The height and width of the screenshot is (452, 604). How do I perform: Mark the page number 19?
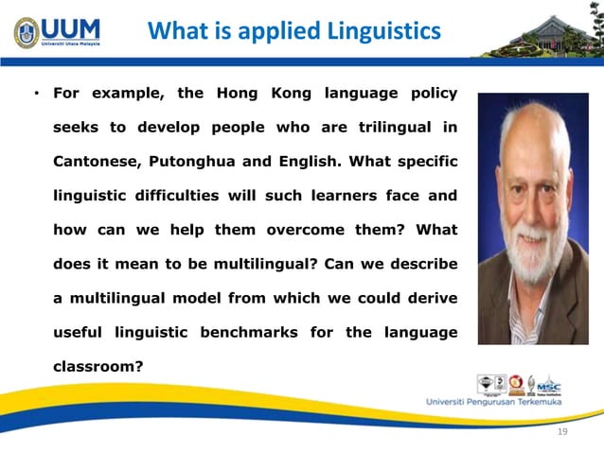[562, 432]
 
